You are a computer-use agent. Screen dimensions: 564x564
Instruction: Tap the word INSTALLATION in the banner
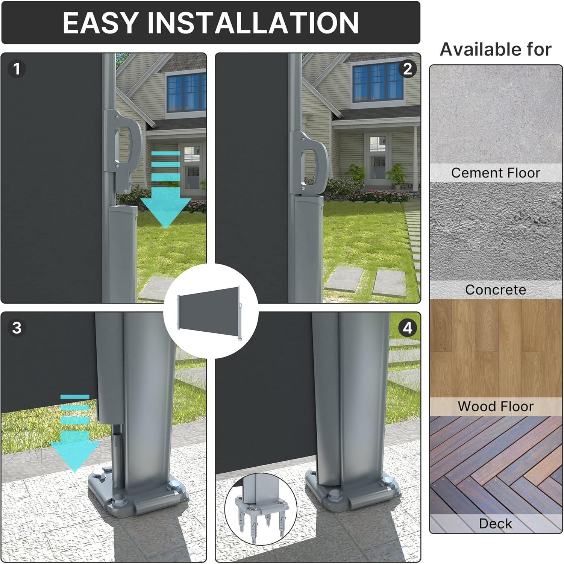pyautogui.click(x=253, y=23)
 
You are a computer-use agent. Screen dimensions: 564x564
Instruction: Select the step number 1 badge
pyautogui.click(x=16, y=69)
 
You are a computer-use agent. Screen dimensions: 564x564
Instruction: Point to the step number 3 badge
pyautogui.click(x=17, y=328)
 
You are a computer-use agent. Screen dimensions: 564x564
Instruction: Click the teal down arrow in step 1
pyautogui.click(x=166, y=190)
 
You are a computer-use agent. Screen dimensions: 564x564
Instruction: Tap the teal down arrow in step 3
pyautogui.click(x=75, y=432)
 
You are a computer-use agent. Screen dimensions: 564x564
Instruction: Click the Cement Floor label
pyautogui.click(x=496, y=173)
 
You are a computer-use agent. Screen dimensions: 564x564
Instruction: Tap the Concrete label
pyautogui.click(x=496, y=290)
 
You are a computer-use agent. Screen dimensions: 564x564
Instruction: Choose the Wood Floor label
pyautogui.click(x=496, y=406)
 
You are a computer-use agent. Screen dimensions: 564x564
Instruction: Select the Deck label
pyautogui.click(x=496, y=523)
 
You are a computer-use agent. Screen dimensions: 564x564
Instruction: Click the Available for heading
pyautogui.click(x=496, y=49)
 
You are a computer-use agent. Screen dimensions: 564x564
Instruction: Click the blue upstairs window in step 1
pyautogui.click(x=186, y=92)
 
